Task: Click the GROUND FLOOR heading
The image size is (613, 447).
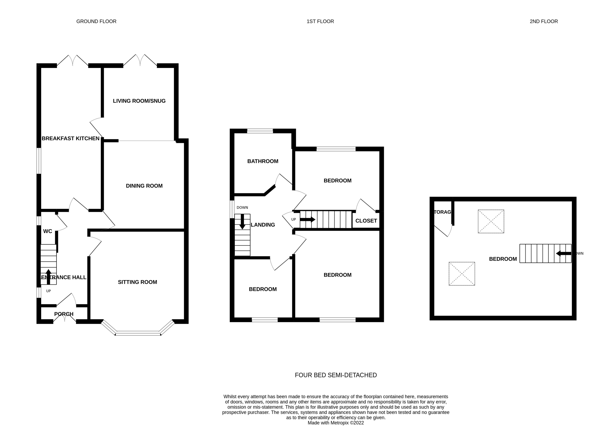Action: point(96,21)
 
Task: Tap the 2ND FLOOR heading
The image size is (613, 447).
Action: point(544,21)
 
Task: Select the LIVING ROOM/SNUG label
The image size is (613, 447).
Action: point(139,101)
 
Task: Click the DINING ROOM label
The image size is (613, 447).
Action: point(144,186)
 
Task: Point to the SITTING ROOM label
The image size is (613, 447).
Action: point(137,282)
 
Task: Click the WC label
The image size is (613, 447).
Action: point(48,231)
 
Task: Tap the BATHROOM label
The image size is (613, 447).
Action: point(263,161)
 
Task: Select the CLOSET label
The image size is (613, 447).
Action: point(366,221)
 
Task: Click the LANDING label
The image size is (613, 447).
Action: point(263,225)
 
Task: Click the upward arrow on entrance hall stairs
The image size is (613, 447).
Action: point(49,277)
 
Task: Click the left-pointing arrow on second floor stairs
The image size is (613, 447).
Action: point(563,254)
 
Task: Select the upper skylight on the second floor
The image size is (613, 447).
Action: point(491,221)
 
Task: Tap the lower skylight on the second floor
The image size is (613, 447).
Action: point(462,274)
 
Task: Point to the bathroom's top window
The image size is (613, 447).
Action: point(260,131)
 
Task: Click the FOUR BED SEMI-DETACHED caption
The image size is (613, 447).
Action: point(336,375)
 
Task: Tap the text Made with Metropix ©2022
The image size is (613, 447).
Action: point(336,423)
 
